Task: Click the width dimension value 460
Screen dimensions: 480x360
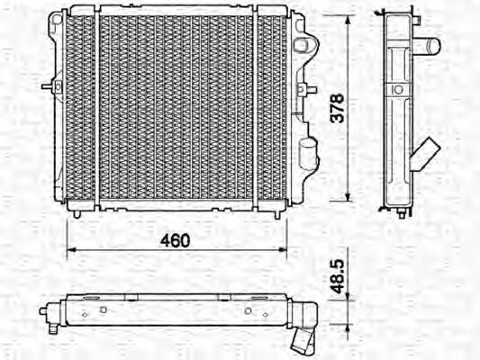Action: (175, 240)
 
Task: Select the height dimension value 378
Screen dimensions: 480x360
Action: (338, 108)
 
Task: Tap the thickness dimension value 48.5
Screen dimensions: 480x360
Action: (339, 276)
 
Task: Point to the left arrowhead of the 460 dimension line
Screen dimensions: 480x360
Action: (71, 250)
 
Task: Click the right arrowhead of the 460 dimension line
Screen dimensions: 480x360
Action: (283, 250)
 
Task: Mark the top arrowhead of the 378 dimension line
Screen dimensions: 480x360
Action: (348, 20)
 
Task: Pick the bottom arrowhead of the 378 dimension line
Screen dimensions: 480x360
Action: (348, 197)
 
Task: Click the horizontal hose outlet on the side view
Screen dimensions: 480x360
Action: (426, 46)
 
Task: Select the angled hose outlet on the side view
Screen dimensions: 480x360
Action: (425, 154)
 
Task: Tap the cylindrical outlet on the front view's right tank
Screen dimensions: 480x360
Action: (307, 154)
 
